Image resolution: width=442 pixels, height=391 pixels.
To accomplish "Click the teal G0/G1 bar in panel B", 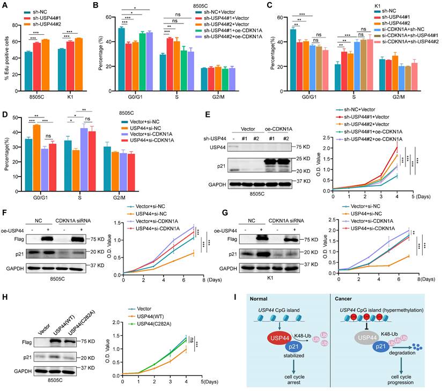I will click(121, 49).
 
